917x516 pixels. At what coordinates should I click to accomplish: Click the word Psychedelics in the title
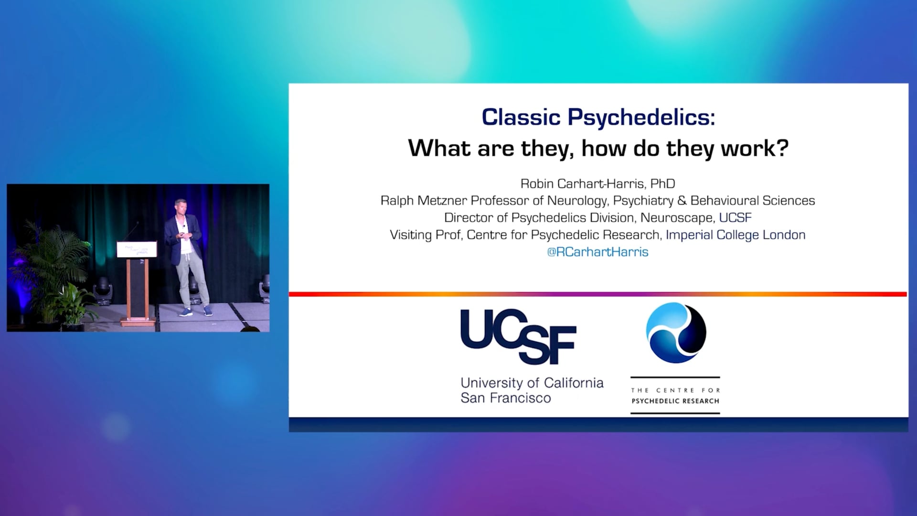[x=641, y=118]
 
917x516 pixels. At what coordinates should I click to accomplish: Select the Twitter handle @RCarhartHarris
[x=597, y=252]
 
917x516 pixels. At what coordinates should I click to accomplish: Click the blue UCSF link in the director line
[x=736, y=218]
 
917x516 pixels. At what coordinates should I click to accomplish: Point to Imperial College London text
[x=736, y=235]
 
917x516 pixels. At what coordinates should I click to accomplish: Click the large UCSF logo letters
[x=518, y=337]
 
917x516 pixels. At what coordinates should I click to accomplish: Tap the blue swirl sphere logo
[x=676, y=333]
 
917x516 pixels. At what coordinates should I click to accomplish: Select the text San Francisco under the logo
[x=506, y=398]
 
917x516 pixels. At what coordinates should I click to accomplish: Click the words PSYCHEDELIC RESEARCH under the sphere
[x=675, y=401]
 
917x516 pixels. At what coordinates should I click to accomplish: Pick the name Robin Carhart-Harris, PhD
[x=597, y=183]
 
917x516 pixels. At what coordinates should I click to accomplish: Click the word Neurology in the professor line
[x=576, y=201]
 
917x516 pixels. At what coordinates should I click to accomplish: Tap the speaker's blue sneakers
[x=195, y=312]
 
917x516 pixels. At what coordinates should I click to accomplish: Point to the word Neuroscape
[x=677, y=218]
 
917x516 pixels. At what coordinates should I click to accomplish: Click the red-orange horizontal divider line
[x=598, y=294]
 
